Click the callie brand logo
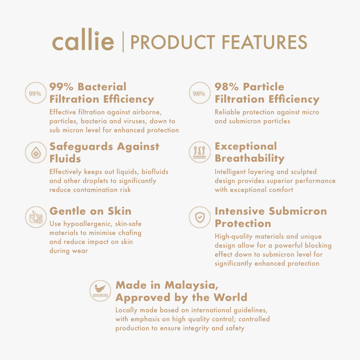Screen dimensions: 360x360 [83, 39]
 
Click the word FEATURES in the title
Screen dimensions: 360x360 [264, 42]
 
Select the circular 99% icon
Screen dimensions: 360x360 [36, 93]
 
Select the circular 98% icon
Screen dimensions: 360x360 [200, 93]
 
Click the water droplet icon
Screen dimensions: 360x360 [36, 152]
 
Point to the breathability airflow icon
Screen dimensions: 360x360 [200, 152]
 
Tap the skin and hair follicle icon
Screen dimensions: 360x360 [36, 217]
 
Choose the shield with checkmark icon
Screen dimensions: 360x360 [200, 217]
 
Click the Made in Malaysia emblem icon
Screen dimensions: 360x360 [100, 291]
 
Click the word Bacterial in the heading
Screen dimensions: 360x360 [102, 87]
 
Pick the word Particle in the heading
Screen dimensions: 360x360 [264, 87]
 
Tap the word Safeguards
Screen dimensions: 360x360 [81, 147]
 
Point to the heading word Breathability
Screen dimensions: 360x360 [250, 158]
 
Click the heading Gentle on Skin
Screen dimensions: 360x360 [90, 211]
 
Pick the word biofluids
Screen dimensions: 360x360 [155, 172]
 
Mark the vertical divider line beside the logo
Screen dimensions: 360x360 [123, 42]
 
